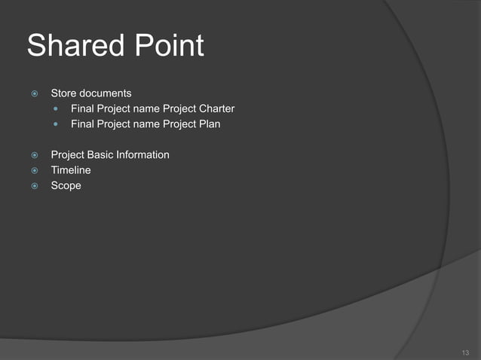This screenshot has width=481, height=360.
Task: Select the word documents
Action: pyautogui.click(x=106, y=93)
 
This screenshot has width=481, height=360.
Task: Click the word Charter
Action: pyautogui.click(x=217, y=108)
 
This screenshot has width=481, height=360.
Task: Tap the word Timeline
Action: pyautogui.click(x=71, y=170)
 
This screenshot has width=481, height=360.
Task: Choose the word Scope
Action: pyautogui.click(x=66, y=185)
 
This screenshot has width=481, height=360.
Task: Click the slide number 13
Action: pyautogui.click(x=464, y=352)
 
